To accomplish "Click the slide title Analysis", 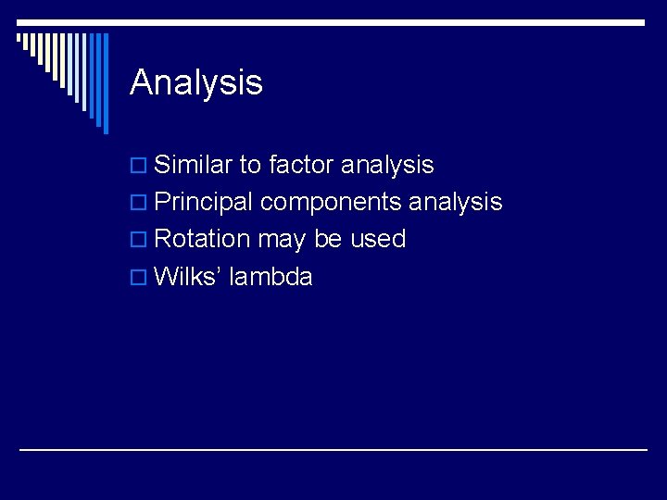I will [x=196, y=82].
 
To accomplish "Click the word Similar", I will [x=193, y=165].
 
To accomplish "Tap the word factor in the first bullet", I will [x=301, y=165].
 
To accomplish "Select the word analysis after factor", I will [x=387, y=166].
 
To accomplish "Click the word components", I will [x=331, y=203].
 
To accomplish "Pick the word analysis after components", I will [x=456, y=202].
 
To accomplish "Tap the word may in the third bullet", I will [x=282, y=240].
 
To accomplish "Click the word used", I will [x=378, y=239].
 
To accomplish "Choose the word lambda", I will [x=271, y=276].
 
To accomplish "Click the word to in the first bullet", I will [x=250, y=165].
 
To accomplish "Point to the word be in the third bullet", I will [x=328, y=239].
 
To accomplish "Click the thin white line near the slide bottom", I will [x=333, y=449].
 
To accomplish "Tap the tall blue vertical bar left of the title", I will [x=105, y=83].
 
